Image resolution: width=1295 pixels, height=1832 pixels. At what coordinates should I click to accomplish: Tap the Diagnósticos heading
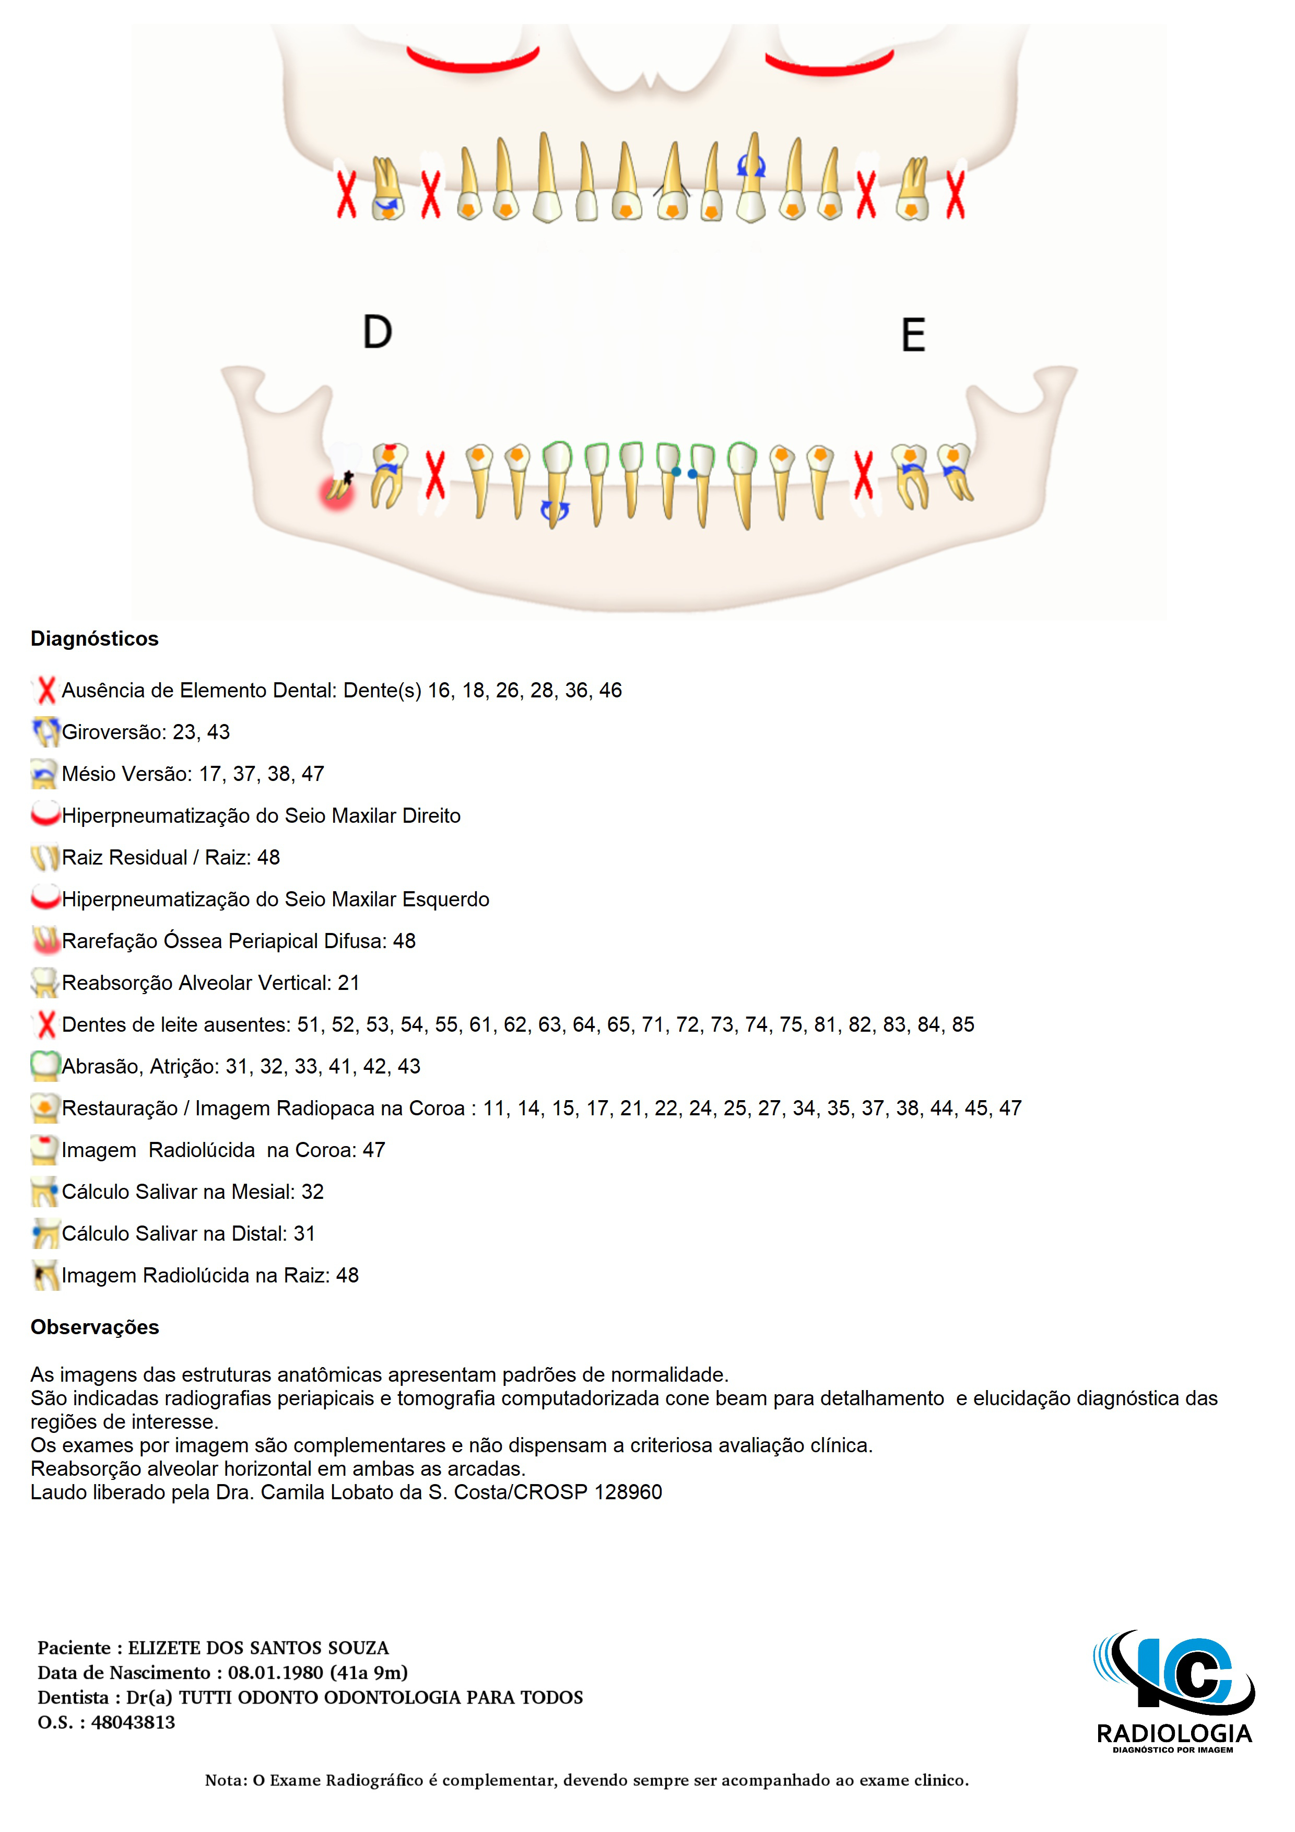coord(94,638)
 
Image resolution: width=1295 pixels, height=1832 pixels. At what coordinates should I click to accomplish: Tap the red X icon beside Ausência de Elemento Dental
coord(46,690)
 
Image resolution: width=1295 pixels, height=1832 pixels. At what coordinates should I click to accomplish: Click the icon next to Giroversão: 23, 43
coord(45,732)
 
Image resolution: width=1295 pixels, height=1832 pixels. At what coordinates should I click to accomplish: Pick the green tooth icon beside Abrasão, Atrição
coord(45,1066)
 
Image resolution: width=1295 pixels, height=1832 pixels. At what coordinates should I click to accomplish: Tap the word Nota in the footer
coord(224,1780)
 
